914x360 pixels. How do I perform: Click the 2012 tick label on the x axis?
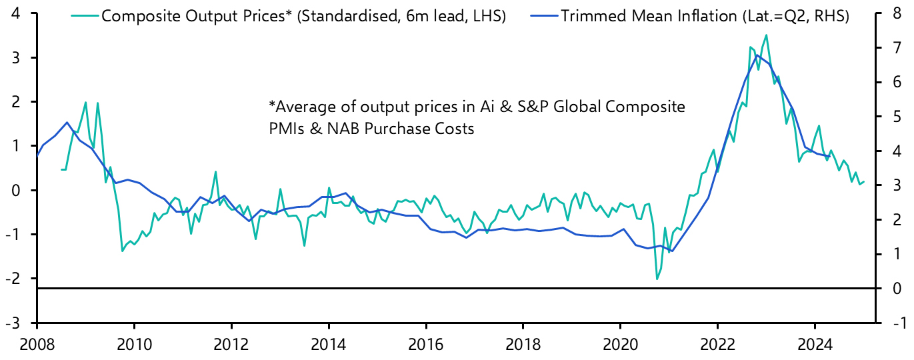point(231,346)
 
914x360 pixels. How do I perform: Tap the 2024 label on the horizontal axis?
point(814,346)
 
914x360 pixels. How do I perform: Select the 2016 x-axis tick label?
point(425,346)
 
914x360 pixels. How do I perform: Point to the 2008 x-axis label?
point(37,346)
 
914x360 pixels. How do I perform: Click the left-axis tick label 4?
point(14,14)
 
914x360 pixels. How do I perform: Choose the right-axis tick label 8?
point(895,14)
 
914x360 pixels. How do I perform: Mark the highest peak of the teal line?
point(766,35)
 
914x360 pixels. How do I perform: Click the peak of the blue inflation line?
point(757,55)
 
